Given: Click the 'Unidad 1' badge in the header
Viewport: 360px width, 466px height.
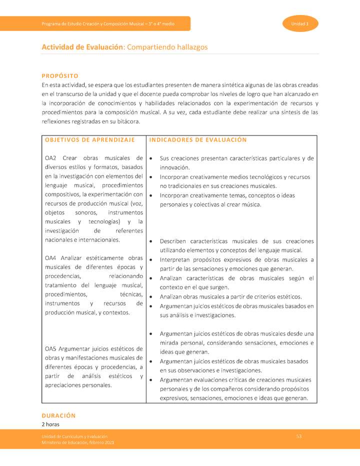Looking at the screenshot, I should [300, 24].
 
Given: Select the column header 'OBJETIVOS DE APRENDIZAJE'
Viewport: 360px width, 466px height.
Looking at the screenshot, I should [90, 140].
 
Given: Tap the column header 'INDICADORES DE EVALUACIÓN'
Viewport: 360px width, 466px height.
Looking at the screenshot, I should [198, 140].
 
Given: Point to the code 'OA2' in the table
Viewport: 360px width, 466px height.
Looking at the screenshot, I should [51, 158].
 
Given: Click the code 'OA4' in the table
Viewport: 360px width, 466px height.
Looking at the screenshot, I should [51, 258].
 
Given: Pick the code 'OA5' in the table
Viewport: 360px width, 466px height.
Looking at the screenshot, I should [51, 348].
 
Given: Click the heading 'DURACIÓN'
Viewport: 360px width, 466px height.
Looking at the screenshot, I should [58, 415].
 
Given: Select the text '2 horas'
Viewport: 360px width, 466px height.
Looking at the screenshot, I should [50, 424].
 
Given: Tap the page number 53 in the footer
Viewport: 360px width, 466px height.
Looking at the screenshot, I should [298, 437].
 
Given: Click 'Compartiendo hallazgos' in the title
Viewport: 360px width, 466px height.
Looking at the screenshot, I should [167, 47].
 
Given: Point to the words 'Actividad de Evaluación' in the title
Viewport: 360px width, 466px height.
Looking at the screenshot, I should [82, 47].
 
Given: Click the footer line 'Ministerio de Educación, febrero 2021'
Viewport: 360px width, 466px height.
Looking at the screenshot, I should [78, 443].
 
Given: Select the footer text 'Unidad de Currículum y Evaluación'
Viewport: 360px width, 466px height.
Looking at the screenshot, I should [74, 437].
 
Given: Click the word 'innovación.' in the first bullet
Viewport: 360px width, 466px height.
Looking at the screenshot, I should [174, 167].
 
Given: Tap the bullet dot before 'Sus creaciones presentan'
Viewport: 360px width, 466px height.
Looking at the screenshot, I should [151, 158].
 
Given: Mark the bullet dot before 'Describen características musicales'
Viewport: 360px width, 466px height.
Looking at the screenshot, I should [151, 241].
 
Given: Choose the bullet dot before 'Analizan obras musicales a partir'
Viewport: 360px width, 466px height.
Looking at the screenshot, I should [151, 296].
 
